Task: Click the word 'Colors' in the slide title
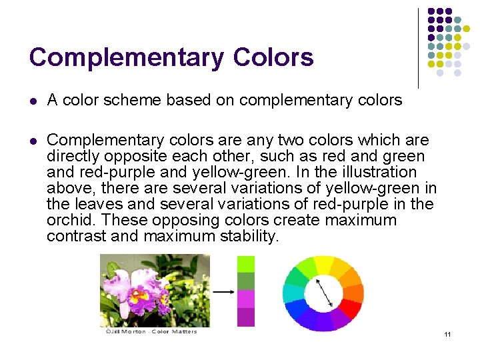pyautogui.click(x=273, y=58)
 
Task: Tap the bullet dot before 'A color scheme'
pyautogui.click(x=33, y=101)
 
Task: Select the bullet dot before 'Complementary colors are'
pyautogui.click(x=33, y=141)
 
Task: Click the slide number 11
pyautogui.click(x=447, y=334)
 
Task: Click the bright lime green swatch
pyautogui.click(x=246, y=263)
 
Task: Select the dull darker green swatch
pyautogui.click(x=246, y=281)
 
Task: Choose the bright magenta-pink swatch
pyautogui.click(x=246, y=298)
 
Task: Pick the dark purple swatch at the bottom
pyautogui.click(x=246, y=317)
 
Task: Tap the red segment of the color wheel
pyautogui.click(x=349, y=308)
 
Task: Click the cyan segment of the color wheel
pyautogui.click(x=293, y=293)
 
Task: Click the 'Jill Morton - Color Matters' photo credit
pyautogui.click(x=151, y=331)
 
